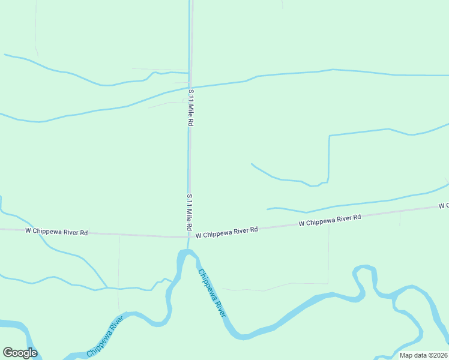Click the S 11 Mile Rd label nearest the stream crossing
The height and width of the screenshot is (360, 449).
tap(191, 107)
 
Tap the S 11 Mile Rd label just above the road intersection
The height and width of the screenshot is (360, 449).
tap(189, 213)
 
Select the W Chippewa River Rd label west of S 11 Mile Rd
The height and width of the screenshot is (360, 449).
tap(57, 232)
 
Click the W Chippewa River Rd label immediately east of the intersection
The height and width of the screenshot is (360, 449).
tap(227, 232)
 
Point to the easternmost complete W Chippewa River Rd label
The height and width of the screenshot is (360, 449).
tap(330, 220)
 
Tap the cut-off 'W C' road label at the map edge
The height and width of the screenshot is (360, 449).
tap(444, 206)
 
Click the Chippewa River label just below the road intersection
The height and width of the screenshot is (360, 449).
tap(212, 293)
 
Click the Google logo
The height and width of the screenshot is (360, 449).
tap(20, 353)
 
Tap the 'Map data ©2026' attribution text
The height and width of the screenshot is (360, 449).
tap(423, 355)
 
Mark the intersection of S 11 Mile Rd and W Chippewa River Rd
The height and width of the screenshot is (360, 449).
tap(190, 236)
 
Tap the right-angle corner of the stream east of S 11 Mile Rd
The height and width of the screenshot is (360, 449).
tap(330, 136)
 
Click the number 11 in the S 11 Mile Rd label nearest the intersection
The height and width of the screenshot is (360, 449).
tap(189, 203)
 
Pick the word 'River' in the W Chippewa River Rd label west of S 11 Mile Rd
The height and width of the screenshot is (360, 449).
tap(71, 232)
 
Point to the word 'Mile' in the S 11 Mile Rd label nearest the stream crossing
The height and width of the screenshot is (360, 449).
tap(191, 110)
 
